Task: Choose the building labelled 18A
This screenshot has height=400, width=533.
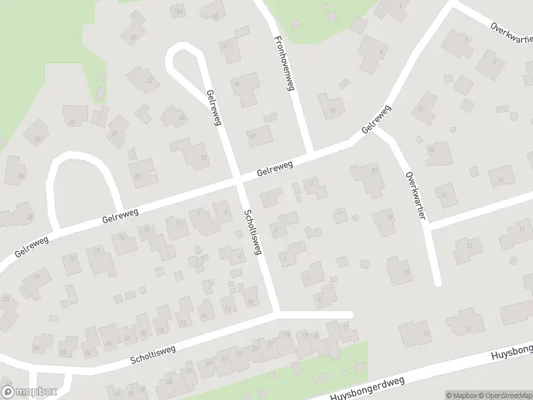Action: [x=178, y=11]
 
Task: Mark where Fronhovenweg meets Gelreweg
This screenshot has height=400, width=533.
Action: [x=310, y=152]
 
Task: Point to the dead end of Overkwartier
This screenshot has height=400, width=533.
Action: [x=437, y=281]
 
